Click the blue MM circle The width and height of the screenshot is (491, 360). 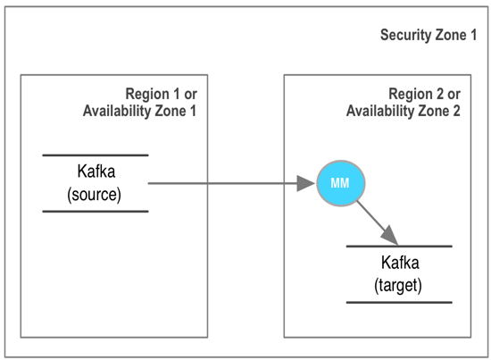click(x=341, y=183)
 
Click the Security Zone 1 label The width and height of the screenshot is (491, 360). click(x=429, y=35)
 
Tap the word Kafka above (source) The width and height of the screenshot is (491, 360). click(x=96, y=172)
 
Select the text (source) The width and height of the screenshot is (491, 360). click(x=95, y=195)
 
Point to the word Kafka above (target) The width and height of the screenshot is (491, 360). click(x=400, y=263)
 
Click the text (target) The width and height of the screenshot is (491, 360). click(x=398, y=286)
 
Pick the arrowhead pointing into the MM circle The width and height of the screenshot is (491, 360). click(x=305, y=183)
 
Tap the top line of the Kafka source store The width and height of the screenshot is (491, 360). click(x=96, y=155)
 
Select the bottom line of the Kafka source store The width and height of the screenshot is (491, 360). click(x=96, y=212)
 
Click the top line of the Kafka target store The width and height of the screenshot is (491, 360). click(x=399, y=247)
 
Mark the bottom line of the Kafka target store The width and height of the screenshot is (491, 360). click(x=399, y=302)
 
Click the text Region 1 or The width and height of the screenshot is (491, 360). click(x=162, y=94)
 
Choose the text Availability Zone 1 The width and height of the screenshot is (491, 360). click(x=139, y=111)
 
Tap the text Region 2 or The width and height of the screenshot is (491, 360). click(x=424, y=94)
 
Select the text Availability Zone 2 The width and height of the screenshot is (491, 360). click(x=404, y=111)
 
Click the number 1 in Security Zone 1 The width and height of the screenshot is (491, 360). click(x=473, y=35)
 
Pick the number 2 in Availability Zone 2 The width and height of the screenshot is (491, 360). click(x=457, y=111)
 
